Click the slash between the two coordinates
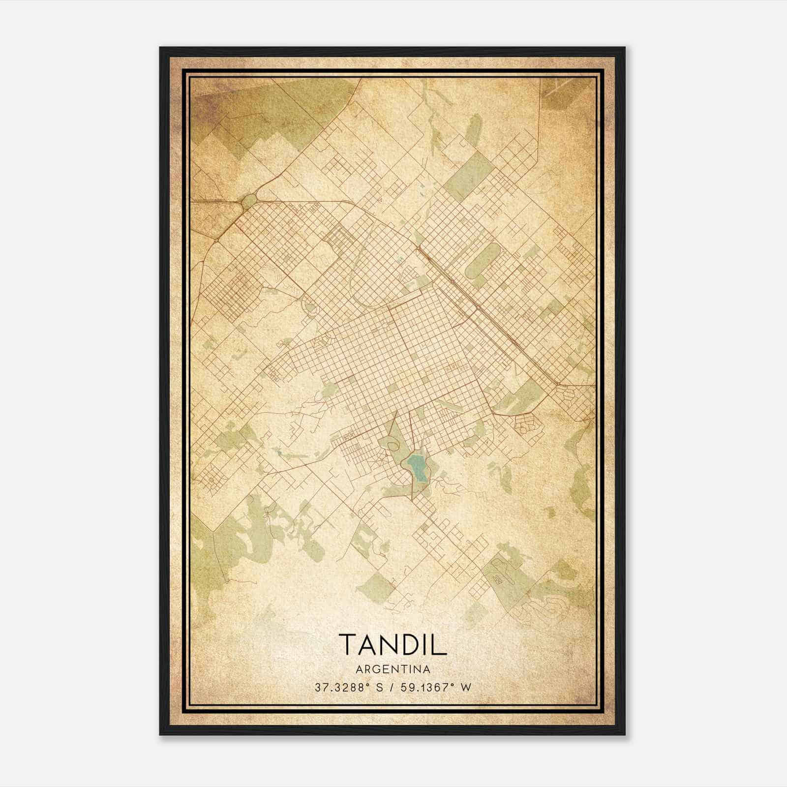[392, 687]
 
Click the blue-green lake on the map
[416, 467]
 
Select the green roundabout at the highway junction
[249, 201]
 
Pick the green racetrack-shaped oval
[483, 260]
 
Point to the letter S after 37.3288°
[379, 687]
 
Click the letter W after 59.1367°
[466, 687]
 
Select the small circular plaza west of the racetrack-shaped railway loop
[311, 308]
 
